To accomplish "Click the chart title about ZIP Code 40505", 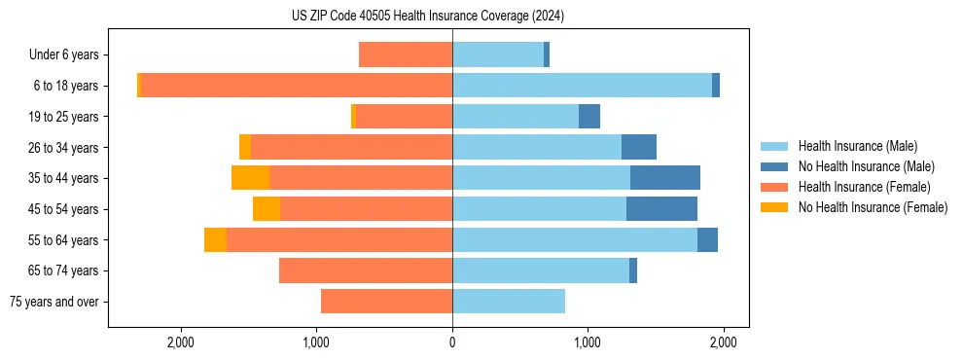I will [428, 17].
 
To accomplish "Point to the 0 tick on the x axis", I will [452, 342].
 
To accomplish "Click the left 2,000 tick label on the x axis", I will [181, 342].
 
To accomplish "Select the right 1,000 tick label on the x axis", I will [587, 342].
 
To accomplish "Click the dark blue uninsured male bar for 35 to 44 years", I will [665, 178].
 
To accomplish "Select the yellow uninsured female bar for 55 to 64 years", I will [215, 239].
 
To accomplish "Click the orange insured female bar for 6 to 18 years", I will [297, 86].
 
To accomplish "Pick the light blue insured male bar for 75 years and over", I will [509, 302].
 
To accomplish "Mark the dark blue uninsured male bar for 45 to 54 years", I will [661, 209].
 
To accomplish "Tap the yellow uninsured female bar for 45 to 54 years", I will [267, 209].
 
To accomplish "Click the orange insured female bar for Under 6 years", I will [406, 55].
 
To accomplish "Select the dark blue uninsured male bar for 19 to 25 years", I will [589, 117].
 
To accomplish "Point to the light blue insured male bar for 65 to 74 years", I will [541, 270].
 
